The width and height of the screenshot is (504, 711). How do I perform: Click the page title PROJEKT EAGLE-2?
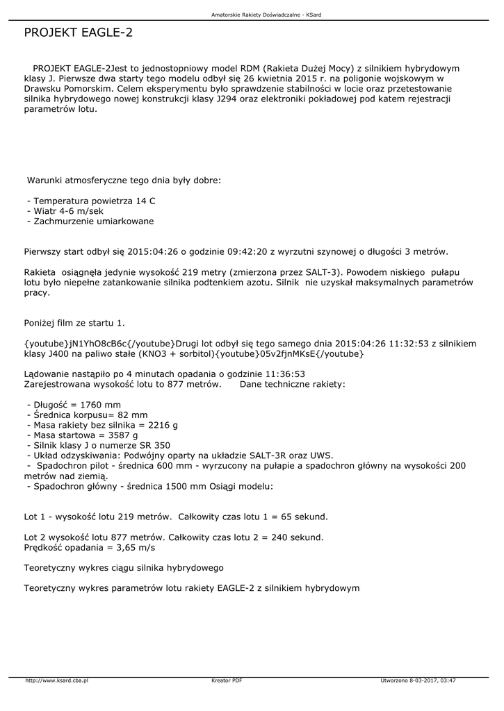point(78,33)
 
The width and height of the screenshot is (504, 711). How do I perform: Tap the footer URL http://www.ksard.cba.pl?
point(57,680)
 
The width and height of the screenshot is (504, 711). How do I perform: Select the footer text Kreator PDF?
point(227,680)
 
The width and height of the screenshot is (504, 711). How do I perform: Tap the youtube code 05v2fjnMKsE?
point(288,354)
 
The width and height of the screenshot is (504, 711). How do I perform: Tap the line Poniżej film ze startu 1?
point(74,323)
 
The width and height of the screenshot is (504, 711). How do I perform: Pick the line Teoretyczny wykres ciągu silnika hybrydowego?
point(124,568)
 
